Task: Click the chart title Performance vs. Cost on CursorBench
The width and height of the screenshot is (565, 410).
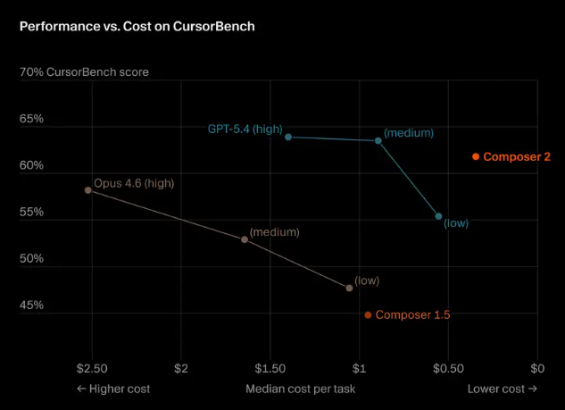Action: pyautogui.click(x=137, y=26)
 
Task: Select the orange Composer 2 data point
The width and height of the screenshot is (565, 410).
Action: pyautogui.click(x=476, y=157)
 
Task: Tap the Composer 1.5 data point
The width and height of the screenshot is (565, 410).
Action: pyautogui.click(x=368, y=314)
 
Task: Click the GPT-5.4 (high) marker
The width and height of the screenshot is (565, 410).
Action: pyautogui.click(x=288, y=137)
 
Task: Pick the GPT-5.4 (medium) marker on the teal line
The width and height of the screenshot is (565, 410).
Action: pyautogui.click(x=378, y=140)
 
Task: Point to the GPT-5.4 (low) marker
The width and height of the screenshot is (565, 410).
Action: pyautogui.click(x=438, y=216)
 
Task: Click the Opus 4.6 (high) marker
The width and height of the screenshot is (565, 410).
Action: pyautogui.click(x=87, y=190)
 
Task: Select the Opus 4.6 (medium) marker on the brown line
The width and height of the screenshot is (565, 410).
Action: pyautogui.click(x=245, y=239)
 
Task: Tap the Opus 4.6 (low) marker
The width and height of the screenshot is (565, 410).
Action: pyautogui.click(x=349, y=288)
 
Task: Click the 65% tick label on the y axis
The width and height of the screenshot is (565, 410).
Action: pyautogui.click(x=31, y=118)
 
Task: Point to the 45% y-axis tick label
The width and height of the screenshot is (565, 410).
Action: pyautogui.click(x=31, y=305)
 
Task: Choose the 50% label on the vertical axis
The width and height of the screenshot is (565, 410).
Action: pyautogui.click(x=31, y=258)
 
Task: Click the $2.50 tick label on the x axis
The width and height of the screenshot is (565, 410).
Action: pyautogui.click(x=92, y=368)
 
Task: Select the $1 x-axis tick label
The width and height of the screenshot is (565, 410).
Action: pyautogui.click(x=359, y=368)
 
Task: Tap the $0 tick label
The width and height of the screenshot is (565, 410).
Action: pyautogui.click(x=537, y=368)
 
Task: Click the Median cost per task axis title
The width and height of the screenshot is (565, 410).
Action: pyautogui.click(x=300, y=389)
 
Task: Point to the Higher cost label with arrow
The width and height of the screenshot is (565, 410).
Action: pyautogui.click(x=113, y=389)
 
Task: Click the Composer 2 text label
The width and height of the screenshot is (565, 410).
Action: pyautogui.click(x=517, y=157)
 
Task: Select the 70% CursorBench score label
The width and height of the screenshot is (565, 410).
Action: pyautogui.click(x=84, y=71)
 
